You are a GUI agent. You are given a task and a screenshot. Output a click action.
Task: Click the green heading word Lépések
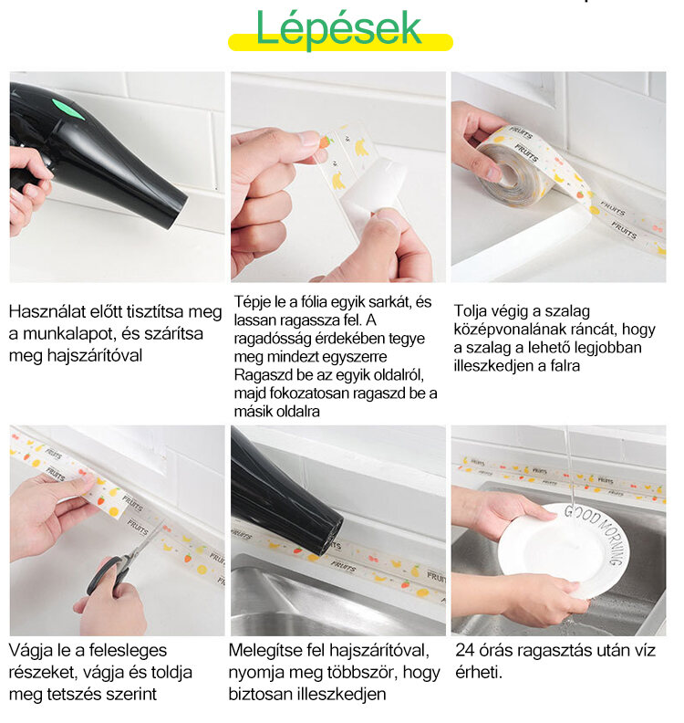(x=338, y=28)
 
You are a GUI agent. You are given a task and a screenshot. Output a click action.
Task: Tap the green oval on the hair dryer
(x=67, y=109)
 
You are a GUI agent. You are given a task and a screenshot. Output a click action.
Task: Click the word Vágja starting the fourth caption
(x=31, y=651)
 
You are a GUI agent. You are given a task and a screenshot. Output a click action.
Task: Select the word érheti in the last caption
(x=479, y=672)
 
